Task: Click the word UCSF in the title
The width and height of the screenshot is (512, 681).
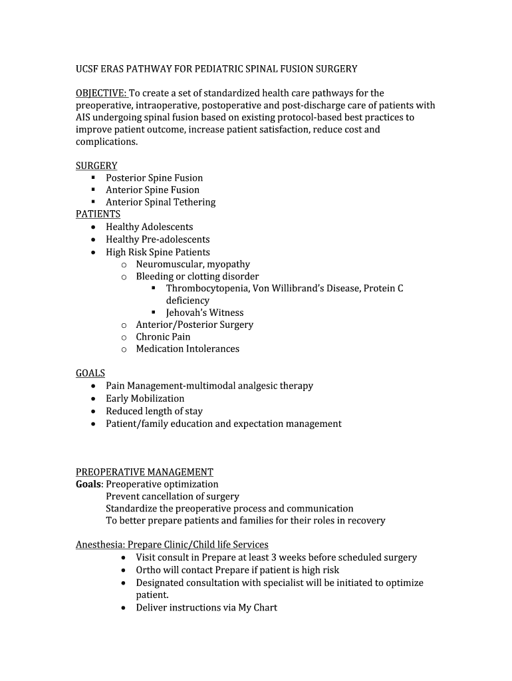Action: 87,68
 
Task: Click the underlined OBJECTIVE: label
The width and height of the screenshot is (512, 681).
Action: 100,93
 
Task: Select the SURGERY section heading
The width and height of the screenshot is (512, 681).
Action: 96,166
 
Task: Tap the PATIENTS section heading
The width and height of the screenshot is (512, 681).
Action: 98,214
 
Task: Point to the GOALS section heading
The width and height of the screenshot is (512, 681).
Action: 90,373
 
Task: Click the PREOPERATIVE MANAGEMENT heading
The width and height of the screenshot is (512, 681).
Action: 144,472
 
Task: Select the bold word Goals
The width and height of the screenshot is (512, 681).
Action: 89,484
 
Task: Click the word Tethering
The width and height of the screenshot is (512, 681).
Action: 195,202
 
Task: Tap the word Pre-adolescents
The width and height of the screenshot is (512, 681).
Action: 176,239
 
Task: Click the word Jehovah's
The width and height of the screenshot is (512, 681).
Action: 187,313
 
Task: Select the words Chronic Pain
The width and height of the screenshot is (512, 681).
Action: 163,337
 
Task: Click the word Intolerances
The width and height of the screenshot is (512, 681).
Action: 213,348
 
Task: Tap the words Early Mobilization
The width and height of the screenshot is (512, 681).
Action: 145,398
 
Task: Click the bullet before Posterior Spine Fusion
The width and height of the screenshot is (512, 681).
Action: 93,178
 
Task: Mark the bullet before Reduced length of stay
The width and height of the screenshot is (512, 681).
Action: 93,411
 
